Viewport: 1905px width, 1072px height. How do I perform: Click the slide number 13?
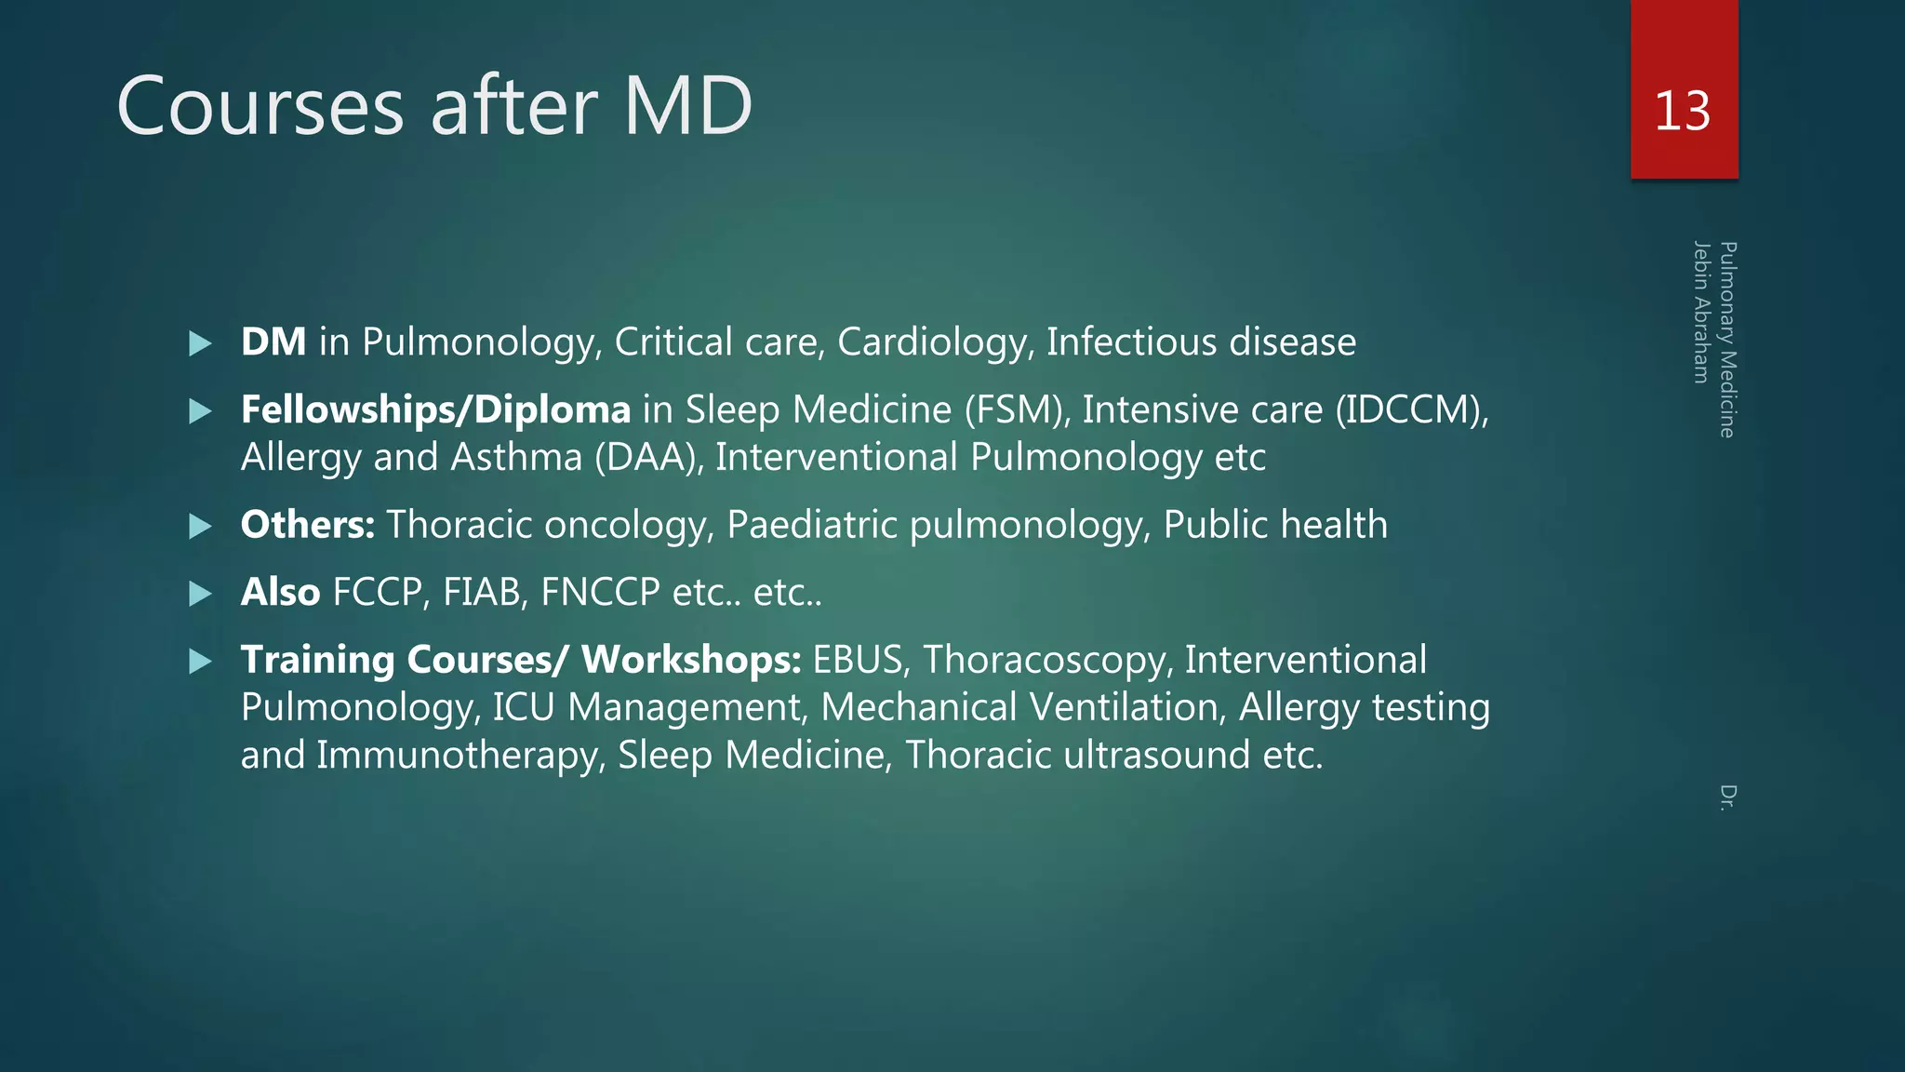point(1682,111)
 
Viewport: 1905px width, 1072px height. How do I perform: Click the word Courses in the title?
point(260,106)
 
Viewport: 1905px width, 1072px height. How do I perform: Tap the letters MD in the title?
point(687,106)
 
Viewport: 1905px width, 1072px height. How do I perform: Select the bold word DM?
point(273,342)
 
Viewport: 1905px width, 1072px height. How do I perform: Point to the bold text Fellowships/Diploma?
point(435,409)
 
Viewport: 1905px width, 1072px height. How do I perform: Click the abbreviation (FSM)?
point(1017,409)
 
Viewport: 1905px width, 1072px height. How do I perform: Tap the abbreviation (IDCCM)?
point(1410,409)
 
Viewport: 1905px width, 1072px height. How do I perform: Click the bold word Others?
point(307,525)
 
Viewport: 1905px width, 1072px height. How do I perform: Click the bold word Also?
point(280,592)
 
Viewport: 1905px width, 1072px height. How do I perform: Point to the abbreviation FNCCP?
point(600,592)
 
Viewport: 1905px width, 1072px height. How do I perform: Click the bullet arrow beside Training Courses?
point(200,662)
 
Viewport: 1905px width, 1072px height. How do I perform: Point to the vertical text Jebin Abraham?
point(1701,312)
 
